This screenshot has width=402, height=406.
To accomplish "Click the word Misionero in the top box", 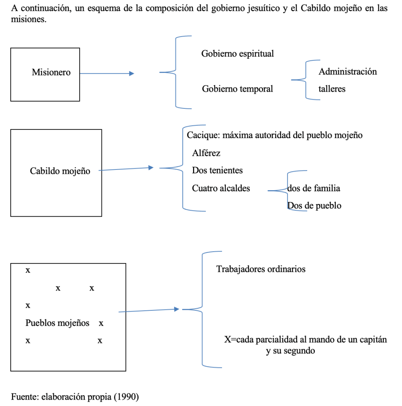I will (51, 73).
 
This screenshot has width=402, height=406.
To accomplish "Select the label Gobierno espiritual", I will (237, 54).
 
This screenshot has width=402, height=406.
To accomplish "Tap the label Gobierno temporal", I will (237, 89).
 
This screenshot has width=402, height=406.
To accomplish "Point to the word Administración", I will (348, 72).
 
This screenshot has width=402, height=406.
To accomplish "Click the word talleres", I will (332, 89).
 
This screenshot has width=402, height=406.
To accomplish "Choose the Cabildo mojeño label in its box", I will (60, 171).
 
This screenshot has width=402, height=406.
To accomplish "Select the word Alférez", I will (206, 153).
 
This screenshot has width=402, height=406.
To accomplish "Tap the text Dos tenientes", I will (217, 171).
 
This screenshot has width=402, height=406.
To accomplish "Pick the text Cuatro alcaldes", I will (221, 188).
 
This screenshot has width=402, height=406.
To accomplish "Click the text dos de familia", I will (314, 188).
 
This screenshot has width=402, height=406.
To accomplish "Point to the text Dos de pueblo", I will (314, 206).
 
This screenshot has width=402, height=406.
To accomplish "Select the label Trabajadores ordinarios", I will (261, 269).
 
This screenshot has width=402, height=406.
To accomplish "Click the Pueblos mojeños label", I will (57, 323).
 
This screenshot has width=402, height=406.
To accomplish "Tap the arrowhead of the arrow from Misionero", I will (132, 73).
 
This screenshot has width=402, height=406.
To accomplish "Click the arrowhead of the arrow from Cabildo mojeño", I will (151, 167).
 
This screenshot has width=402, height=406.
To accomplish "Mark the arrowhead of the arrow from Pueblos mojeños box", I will (177, 309).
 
